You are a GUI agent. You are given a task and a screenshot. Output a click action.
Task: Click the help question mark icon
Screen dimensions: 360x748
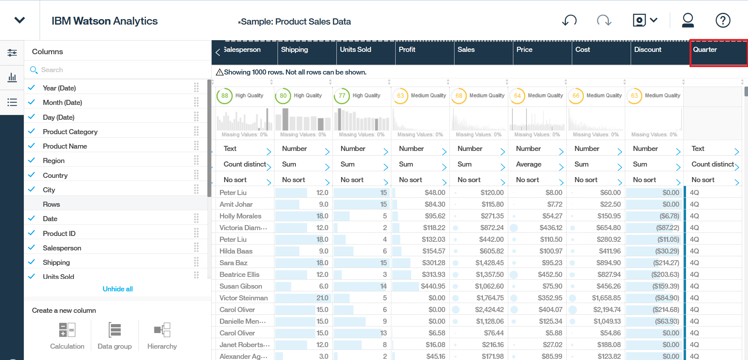[x=723, y=20]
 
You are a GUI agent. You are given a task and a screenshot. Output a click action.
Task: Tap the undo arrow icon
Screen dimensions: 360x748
[x=569, y=20]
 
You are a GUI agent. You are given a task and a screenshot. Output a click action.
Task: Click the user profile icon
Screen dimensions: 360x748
[x=688, y=20]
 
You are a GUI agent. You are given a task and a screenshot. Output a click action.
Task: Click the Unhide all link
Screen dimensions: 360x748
[x=118, y=289]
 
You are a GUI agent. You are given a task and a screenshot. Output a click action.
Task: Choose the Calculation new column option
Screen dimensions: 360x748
[x=67, y=335]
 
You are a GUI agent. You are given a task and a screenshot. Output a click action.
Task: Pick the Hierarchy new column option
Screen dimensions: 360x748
[x=162, y=335]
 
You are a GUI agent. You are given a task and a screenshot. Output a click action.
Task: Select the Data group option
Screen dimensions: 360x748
[x=115, y=335]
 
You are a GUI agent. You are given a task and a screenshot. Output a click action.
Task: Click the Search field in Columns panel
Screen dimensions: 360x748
[x=117, y=70]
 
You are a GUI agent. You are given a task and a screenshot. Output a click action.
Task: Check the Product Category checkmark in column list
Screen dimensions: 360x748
[x=32, y=131]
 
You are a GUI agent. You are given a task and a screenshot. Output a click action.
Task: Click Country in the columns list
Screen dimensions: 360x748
[x=55, y=176]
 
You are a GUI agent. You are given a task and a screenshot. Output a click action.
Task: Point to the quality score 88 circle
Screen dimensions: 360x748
[x=225, y=96]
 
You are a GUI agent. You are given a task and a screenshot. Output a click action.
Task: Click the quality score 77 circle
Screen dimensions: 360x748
[x=342, y=96]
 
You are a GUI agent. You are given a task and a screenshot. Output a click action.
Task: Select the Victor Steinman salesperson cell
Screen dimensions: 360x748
[x=244, y=298]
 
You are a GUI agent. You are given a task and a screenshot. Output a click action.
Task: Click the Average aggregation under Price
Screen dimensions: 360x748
[x=529, y=164]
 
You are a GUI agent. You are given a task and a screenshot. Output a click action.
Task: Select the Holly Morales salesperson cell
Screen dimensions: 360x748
[x=240, y=216]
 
